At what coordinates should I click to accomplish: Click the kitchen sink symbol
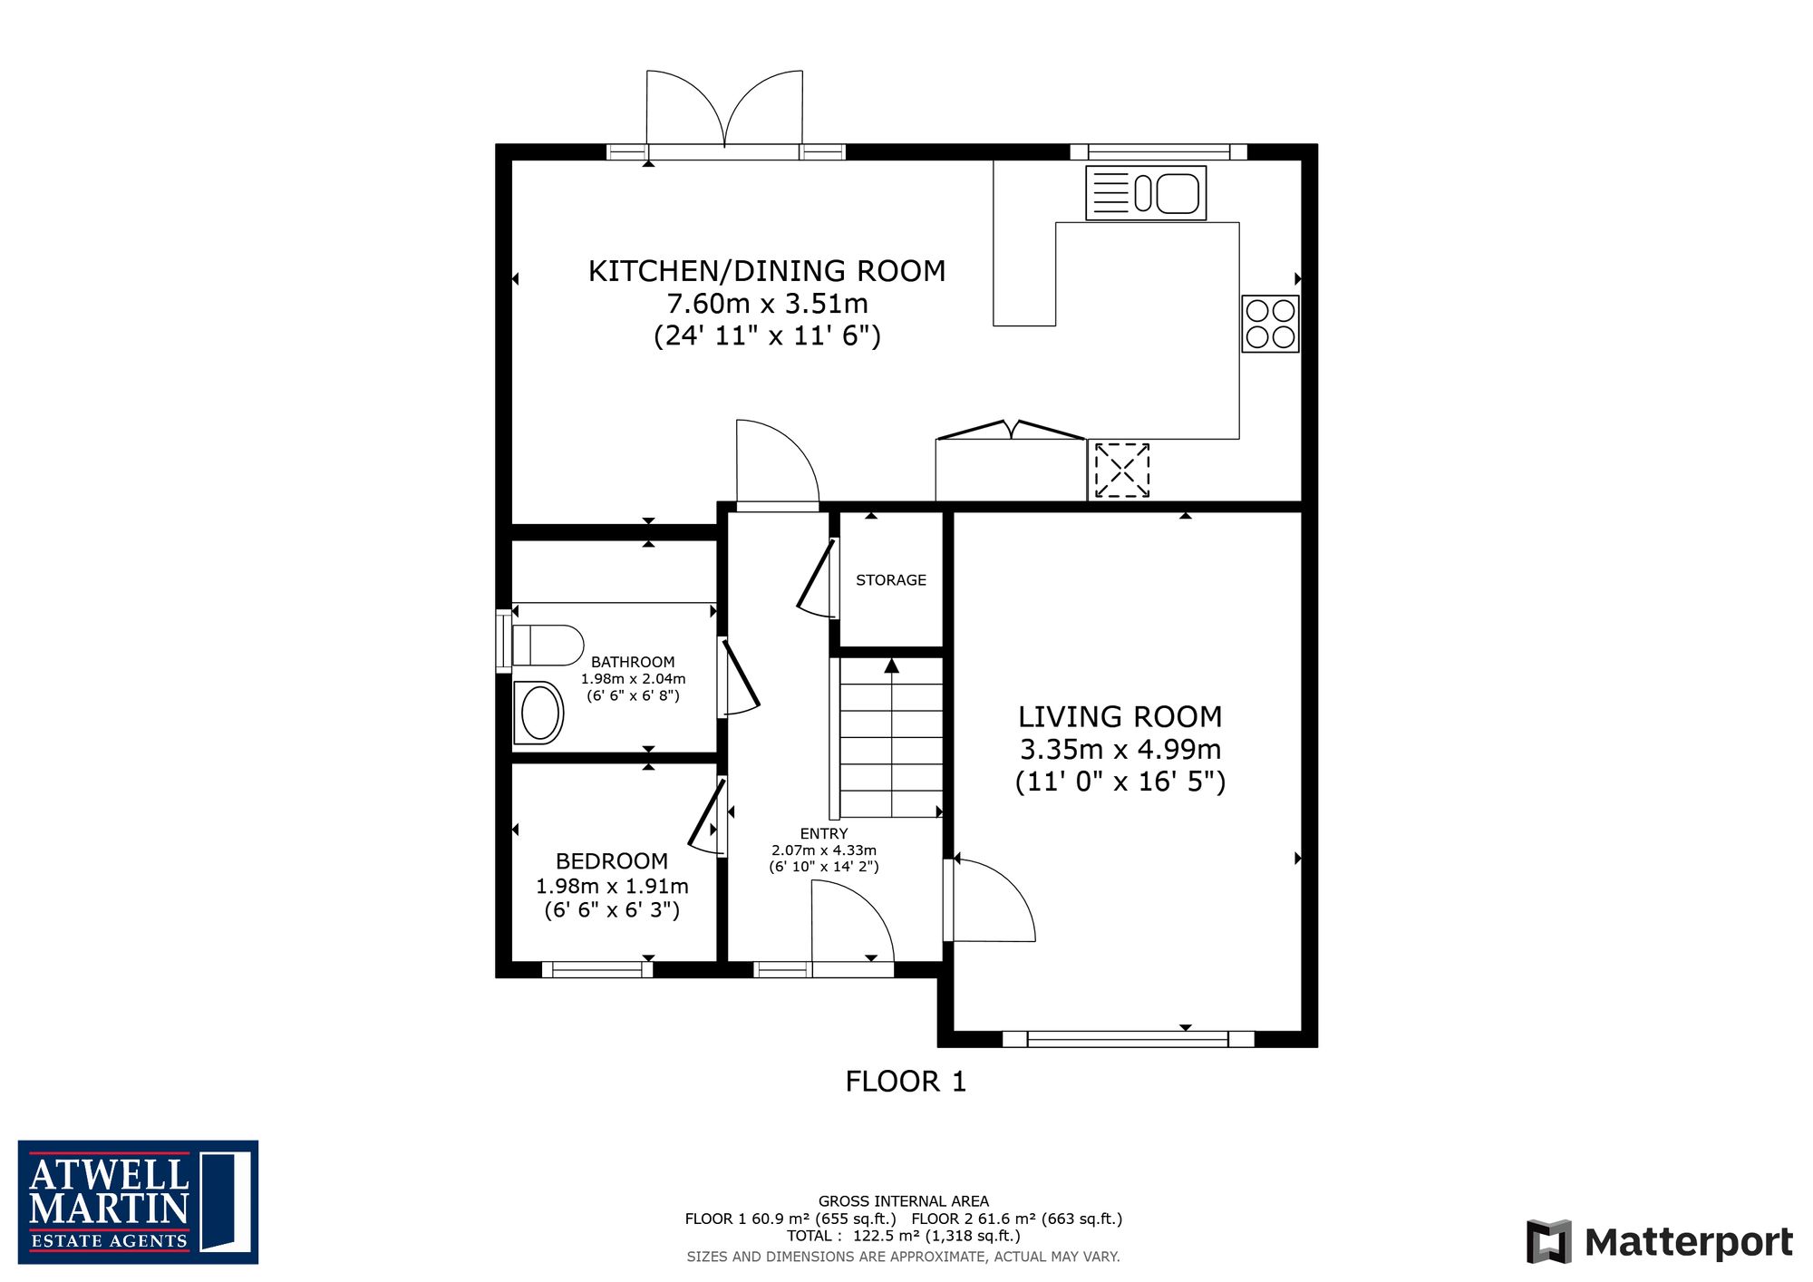[1146, 192]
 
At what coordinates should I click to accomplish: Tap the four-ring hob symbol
[1270, 324]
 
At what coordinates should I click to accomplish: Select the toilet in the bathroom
[548, 646]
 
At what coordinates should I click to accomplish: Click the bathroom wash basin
[538, 713]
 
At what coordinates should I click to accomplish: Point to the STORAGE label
[891, 580]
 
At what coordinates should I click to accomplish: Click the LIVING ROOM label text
[1120, 717]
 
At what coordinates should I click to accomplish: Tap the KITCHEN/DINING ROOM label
[767, 271]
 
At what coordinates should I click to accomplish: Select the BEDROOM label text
[612, 861]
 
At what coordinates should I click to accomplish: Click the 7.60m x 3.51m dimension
[767, 304]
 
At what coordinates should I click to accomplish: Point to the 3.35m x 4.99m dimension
[1120, 750]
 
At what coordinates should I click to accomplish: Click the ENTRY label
[824, 833]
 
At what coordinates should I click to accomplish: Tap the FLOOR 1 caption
[906, 1082]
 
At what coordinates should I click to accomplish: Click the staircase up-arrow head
[892, 665]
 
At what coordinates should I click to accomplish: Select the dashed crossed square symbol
[1122, 470]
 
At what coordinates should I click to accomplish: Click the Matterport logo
[1660, 1241]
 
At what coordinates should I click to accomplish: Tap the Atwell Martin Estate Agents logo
[138, 1202]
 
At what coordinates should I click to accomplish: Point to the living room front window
[1128, 1039]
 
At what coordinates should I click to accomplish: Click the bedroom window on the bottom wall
[597, 969]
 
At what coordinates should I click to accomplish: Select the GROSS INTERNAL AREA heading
[904, 1201]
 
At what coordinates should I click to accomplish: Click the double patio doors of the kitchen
[725, 112]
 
